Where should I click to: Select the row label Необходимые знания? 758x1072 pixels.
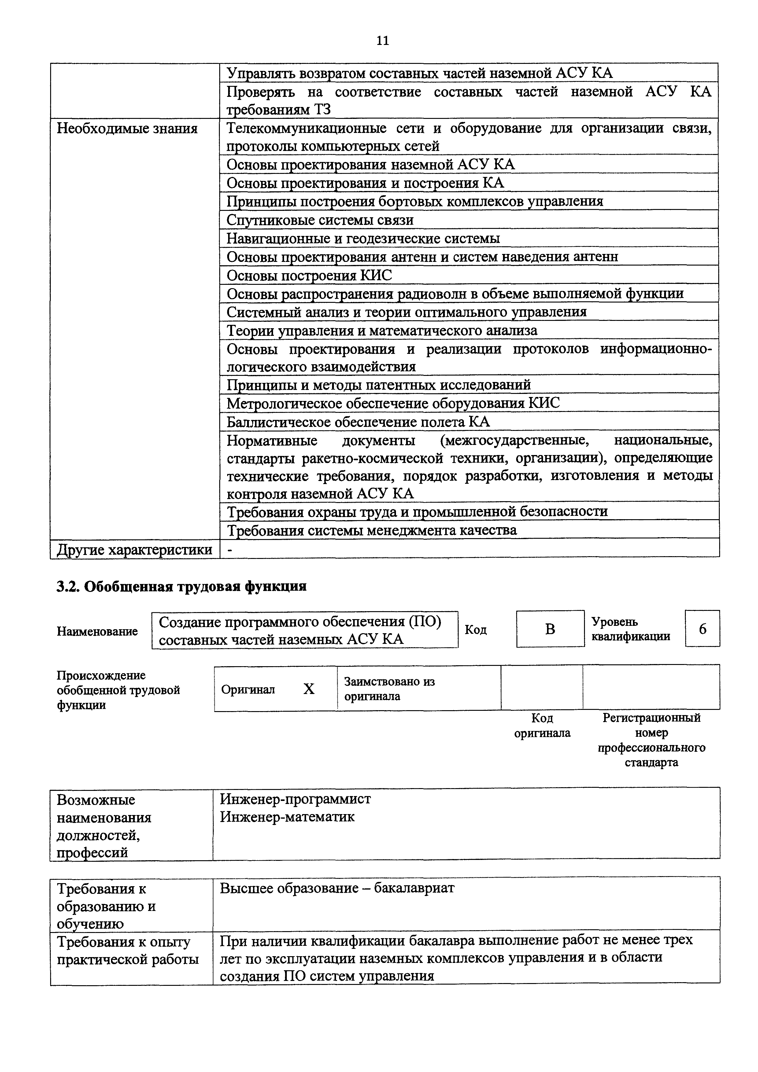(127, 128)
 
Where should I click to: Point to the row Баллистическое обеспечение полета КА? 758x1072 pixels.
(358, 422)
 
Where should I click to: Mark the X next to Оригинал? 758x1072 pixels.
(309, 689)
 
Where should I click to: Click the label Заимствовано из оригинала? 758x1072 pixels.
(389, 689)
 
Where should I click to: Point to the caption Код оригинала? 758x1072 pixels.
(542, 725)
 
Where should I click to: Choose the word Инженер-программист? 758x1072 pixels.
(295, 799)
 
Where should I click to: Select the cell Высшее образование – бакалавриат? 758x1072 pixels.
(337, 887)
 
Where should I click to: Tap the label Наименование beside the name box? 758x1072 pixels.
(97, 631)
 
